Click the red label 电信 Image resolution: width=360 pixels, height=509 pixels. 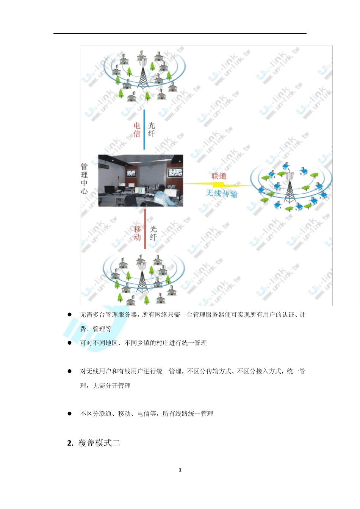(137, 130)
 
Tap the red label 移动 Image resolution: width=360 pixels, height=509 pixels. (137, 233)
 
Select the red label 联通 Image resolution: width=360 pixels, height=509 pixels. (219, 176)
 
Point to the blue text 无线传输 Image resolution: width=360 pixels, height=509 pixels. (222, 194)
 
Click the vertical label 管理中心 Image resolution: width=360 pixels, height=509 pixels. (84, 178)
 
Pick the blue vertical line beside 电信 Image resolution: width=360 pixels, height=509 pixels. (144, 130)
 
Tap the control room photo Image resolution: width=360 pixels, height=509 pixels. (141, 180)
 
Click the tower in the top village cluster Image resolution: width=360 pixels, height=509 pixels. (142, 72)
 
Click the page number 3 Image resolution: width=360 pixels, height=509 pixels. (180, 470)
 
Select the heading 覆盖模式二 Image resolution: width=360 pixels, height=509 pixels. (99, 443)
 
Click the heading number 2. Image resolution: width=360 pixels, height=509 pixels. (70, 443)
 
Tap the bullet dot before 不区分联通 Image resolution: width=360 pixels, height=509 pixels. (70, 414)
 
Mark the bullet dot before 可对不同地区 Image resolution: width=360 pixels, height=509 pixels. (70, 343)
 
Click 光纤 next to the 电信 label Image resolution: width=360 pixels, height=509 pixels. (152, 130)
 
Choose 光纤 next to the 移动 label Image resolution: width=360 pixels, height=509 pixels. (153, 233)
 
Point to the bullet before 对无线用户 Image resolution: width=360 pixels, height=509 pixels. (70, 371)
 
